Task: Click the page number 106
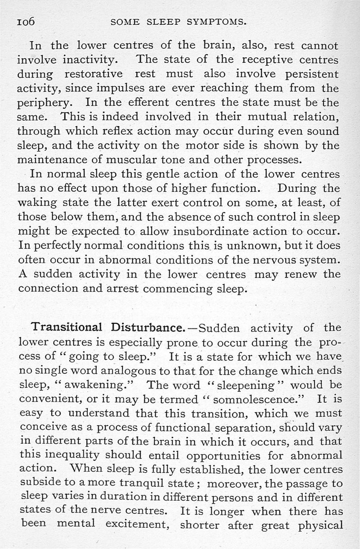[x=26, y=22]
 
